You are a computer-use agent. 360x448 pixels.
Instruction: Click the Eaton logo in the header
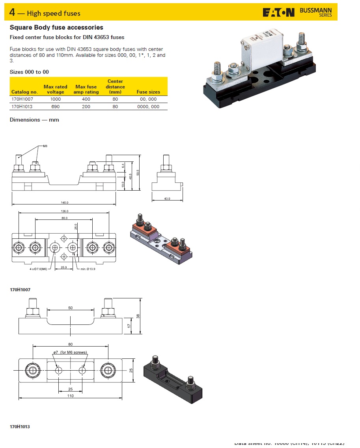click(278, 13)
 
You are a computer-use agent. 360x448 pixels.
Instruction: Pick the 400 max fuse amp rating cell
click(86, 99)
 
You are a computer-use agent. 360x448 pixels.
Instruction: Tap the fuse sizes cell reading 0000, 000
click(148, 107)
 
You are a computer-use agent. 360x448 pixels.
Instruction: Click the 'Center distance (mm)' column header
click(115, 86)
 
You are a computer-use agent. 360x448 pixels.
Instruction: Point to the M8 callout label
click(45, 146)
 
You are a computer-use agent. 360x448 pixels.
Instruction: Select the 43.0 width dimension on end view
click(167, 199)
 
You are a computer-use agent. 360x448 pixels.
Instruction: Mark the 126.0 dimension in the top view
click(64, 211)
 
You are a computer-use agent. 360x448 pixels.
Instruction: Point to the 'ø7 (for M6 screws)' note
click(70, 352)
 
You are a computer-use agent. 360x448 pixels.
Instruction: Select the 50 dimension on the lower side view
click(70, 307)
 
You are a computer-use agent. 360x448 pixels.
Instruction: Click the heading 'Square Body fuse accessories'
click(56, 28)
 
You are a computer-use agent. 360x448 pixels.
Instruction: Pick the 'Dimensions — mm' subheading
click(34, 120)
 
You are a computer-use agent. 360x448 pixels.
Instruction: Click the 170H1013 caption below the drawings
click(20, 427)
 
